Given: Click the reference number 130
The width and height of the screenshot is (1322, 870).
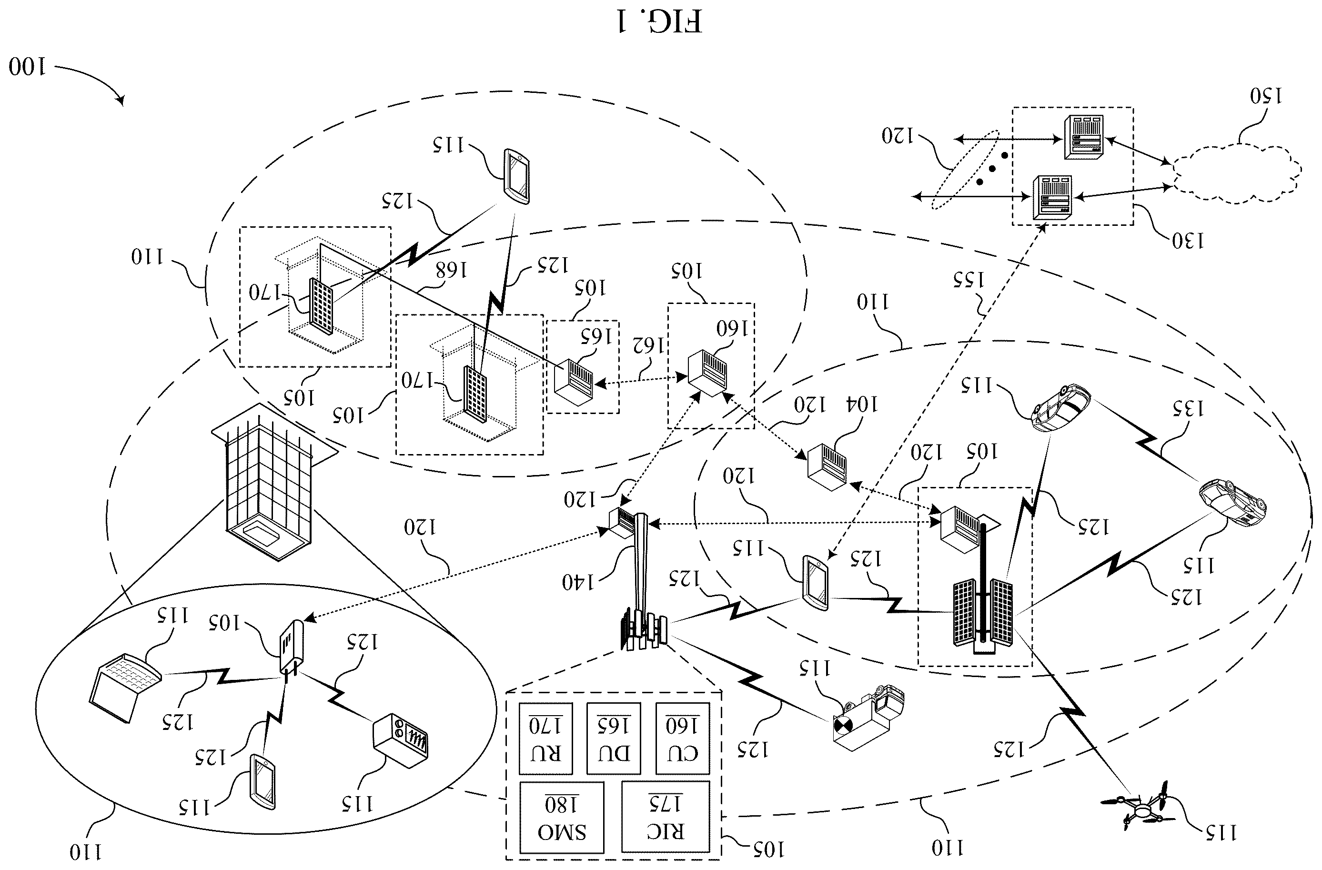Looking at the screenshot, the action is (1188, 241).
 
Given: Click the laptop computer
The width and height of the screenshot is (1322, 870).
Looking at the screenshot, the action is (125, 687).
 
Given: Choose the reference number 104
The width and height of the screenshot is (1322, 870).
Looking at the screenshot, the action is (861, 405).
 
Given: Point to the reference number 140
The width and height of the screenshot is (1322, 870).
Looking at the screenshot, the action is (578, 582).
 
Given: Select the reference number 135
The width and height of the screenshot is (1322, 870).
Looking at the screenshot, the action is (1188, 409).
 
